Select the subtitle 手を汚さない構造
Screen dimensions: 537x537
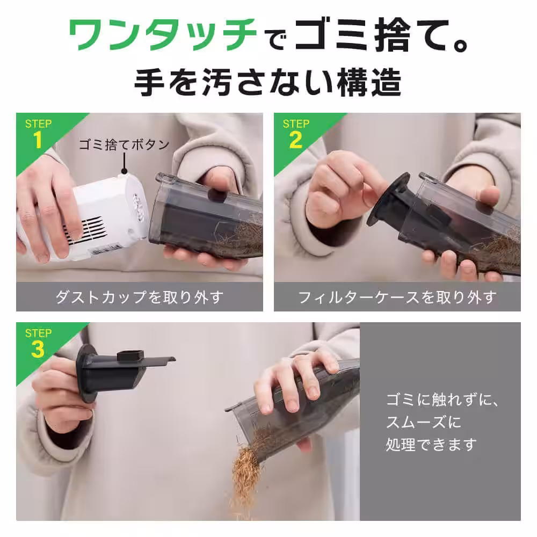pyautogui.click(x=268, y=83)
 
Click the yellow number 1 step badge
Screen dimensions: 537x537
pyautogui.click(x=38, y=141)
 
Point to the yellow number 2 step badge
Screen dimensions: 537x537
pyautogui.click(x=295, y=141)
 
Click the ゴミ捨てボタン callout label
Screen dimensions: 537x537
pyautogui.click(x=124, y=144)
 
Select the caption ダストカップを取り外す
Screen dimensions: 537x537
pyautogui.click(x=139, y=297)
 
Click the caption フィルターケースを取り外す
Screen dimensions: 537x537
pyautogui.click(x=397, y=297)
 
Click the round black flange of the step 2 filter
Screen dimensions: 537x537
pyautogui.click(x=388, y=199)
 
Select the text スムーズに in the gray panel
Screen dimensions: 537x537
pyautogui.click(x=424, y=423)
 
